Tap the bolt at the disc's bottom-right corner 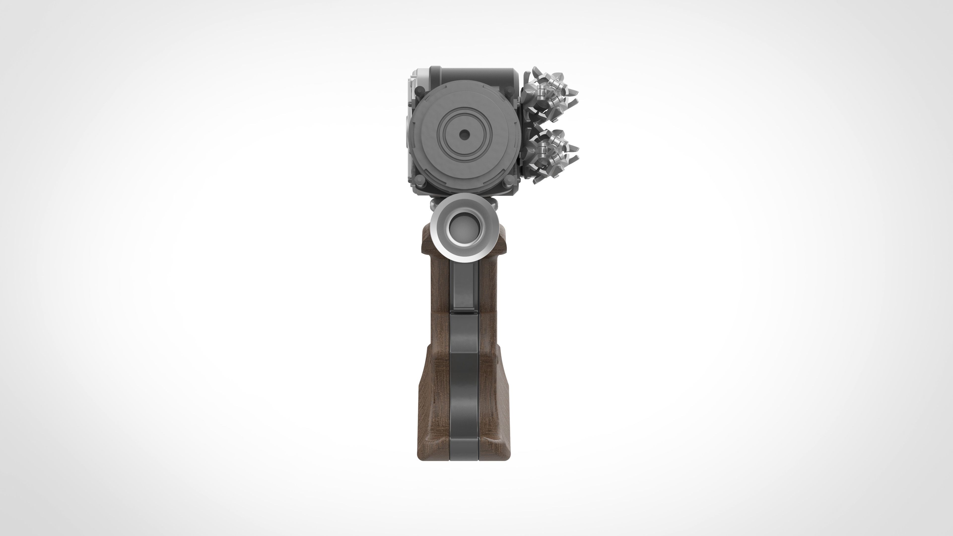pos(509,181)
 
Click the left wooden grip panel pos(437,370)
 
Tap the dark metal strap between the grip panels pos(464,370)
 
